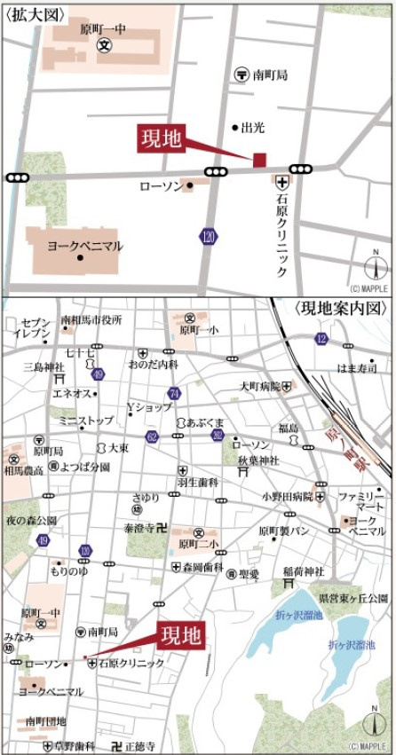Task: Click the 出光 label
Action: [x=253, y=128]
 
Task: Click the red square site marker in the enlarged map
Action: [x=260, y=160]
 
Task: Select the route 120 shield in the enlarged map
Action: [x=208, y=238]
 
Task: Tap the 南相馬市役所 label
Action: [x=91, y=319]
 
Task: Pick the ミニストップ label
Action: [x=86, y=420]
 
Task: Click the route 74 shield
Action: [x=174, y=393]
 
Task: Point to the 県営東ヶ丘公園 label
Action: [x=352, y=599]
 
